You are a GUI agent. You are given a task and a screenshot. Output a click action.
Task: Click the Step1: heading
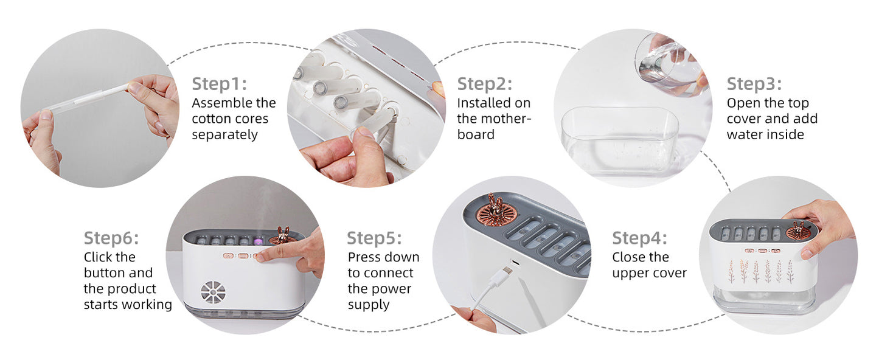click(x=219, y=84)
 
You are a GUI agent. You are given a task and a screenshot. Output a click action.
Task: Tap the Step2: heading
click(x=484, y=84)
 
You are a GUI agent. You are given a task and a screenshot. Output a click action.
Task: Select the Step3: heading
click(x=754, y=84)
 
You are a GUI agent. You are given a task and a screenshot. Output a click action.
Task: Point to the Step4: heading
click(x=639, y=238)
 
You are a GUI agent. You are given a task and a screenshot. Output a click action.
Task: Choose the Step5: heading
click(x=374, y=238)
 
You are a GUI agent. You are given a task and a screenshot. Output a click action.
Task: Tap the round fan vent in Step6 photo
click(x=213, y=292)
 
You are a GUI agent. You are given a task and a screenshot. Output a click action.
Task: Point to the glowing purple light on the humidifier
click(x=258, y=241)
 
